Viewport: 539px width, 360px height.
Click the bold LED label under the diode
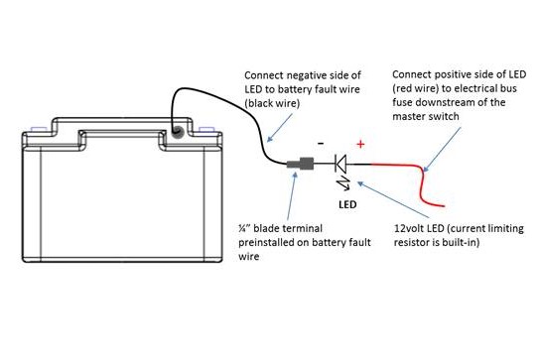pos(347,204)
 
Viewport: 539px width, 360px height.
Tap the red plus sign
pos(360,144)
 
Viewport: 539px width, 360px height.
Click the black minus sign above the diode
pos(321,143)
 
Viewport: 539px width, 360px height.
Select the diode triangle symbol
pos(340,164)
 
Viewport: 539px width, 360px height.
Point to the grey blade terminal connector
pos(300,164)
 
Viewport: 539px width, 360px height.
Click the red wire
pos(421,179)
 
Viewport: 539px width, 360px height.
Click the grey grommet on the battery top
pos(178,131)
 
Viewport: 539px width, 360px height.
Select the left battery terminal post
pos(39,129)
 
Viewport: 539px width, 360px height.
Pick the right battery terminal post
pos(206,129)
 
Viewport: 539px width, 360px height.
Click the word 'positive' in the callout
pos(458,74)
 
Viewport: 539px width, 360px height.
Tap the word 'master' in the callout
pos(408,116)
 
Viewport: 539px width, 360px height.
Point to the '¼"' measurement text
pos(244,228)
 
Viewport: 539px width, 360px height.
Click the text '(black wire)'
pos(272,103)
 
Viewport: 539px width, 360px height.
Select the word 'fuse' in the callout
pos(402,102)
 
